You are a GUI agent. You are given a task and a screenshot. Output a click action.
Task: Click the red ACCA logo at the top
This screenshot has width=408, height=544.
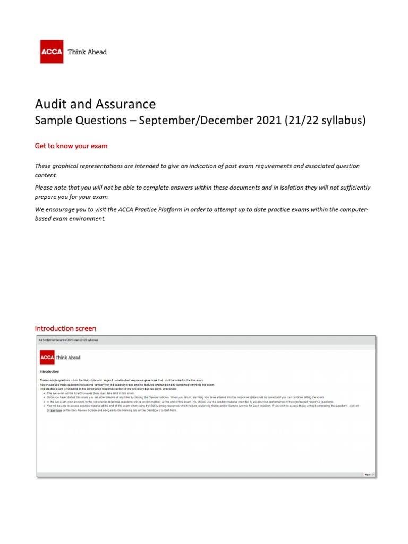pyautogui.click(x=52, y=52)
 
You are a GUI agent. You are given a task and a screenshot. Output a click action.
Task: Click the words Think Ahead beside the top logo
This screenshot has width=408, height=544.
pyautogui.click(x=87, y=52)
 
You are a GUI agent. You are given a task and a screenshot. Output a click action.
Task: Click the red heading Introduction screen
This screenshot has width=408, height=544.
pyautogui.click(x=65, y=328)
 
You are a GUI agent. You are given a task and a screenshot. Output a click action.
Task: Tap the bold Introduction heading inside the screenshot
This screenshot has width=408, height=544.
pyautogui.click(x=49, y=372)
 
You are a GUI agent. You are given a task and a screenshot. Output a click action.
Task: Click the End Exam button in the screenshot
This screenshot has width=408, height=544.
pyautogui.click(x=55, y=411)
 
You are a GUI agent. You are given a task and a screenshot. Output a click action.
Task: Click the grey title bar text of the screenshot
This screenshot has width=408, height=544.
pyautogui.click(x=68, y=339)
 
